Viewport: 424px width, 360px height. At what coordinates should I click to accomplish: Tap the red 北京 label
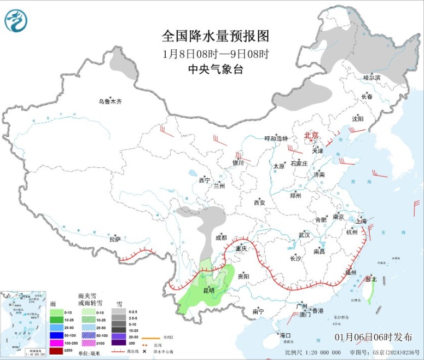(311, 134)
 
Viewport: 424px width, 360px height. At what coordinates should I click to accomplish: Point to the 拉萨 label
(114, 239)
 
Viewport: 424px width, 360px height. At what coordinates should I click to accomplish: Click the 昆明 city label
(210, 290)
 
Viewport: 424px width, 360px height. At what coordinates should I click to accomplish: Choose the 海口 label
(284, 335)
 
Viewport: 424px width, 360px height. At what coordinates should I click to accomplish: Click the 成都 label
(220, 237)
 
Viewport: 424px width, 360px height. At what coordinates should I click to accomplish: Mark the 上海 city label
(361, 222)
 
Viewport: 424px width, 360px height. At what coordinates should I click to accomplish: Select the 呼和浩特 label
(276, 138)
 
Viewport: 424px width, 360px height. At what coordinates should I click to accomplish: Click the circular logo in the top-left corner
(16, 21)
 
